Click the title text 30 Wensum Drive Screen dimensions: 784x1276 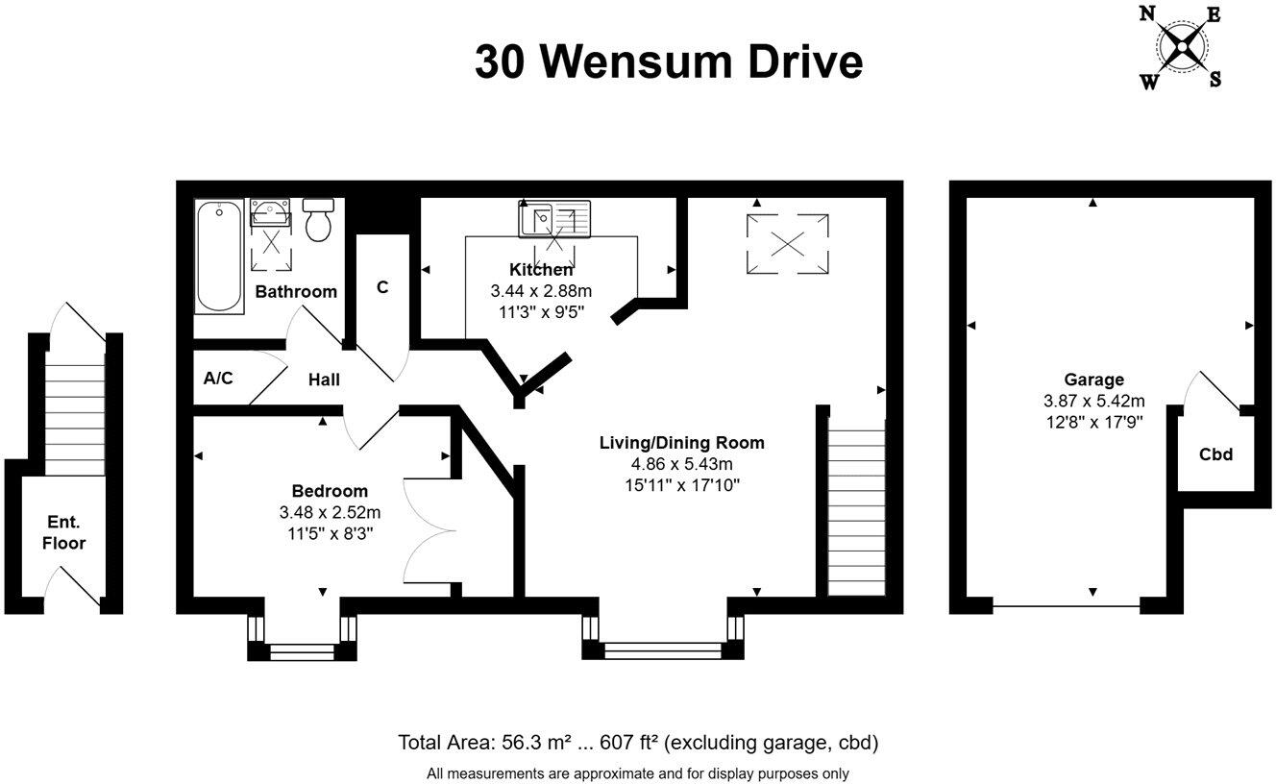click(x=669, y=61)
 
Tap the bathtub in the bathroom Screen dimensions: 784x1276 click(x=219, y=256)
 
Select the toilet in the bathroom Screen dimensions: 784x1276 click(x=318, y=220)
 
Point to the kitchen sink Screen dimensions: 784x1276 click(x=554, y=219)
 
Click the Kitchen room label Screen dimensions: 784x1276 click(x=541, y=270)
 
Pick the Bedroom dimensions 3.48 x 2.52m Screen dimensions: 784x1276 click(x=323, y=511)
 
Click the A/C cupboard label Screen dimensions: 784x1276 click(x=218, y=379)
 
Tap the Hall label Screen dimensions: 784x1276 click(x=324, y=380)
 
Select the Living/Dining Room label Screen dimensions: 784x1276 click(x=681, y=443)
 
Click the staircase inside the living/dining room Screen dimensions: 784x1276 click(x=856, y=511)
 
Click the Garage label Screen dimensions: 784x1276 click(x=1093, y=380)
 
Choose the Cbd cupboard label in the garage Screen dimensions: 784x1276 click(x=1215, y=454)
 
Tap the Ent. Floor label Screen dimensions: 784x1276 click(x=66, y=532)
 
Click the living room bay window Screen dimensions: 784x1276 click(x=663, y=639)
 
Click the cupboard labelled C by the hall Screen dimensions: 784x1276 click(x=382, y=286)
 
